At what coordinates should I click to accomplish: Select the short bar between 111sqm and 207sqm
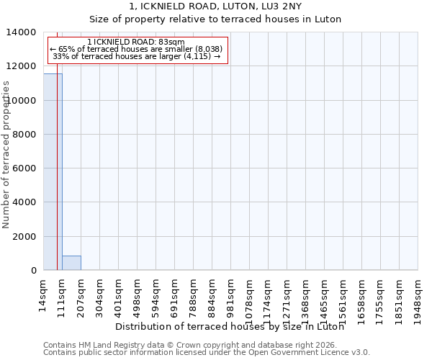(x=71, y=263)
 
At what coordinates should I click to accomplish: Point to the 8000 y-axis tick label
(x=25, y=135)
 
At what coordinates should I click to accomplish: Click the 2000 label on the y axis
(x=25, y=236)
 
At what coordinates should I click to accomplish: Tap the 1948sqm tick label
(x=418, y=293)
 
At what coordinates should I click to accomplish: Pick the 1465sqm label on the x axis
(x=325, y=293)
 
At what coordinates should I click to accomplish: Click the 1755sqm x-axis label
(x=381, y=293)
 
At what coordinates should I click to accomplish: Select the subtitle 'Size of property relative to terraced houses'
(x=215, y=19)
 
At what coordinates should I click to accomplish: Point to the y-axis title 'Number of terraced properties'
(x=6, y=154)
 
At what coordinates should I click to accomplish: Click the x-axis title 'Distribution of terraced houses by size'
(x=229, y=326)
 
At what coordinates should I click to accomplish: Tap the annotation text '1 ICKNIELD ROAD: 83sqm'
(x=135, y=42)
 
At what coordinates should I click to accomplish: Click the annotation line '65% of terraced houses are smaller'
(x=135, y=49)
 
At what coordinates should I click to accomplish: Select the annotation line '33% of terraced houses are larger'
(x=135, y=56)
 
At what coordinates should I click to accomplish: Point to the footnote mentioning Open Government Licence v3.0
(x=206, y=352)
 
